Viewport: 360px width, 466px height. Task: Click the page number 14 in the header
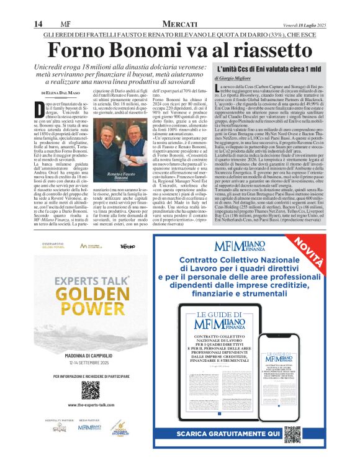pyautogui.click(x=37, y=24)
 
